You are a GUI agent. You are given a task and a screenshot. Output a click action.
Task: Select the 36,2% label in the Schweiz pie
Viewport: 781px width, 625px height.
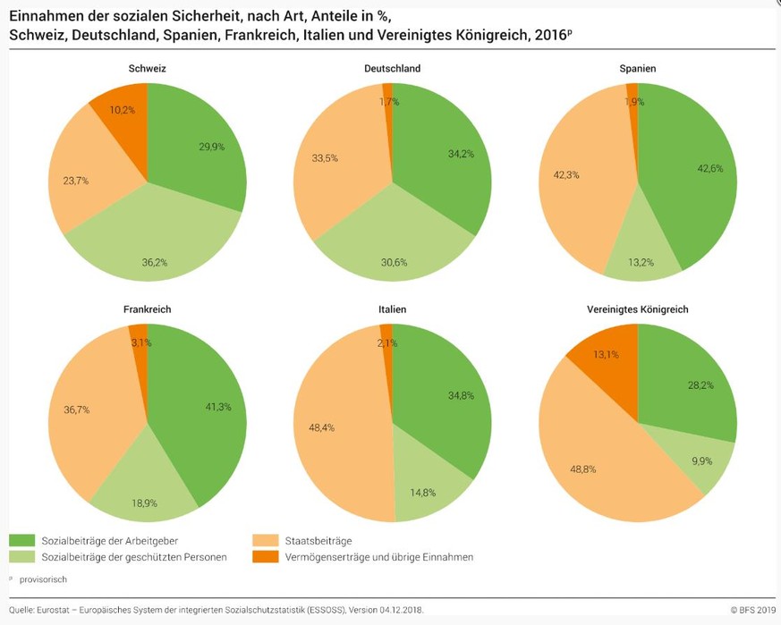point(155,263)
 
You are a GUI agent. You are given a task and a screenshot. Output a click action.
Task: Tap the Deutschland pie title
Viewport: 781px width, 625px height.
point(392,69)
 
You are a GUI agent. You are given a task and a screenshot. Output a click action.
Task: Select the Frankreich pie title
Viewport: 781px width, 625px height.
point(147,309)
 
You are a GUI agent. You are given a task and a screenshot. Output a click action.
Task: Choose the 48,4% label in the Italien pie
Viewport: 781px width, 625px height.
point(321,428)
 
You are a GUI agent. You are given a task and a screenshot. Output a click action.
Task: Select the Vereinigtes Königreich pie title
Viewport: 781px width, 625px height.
point(638,309)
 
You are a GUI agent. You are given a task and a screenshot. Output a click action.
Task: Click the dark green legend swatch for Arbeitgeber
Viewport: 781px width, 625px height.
point(21,541)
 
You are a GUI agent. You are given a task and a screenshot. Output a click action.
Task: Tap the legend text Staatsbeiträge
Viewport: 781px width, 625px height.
point(317,541)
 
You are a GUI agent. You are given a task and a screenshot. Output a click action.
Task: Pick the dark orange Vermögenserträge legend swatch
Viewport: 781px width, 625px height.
point(265,557)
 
